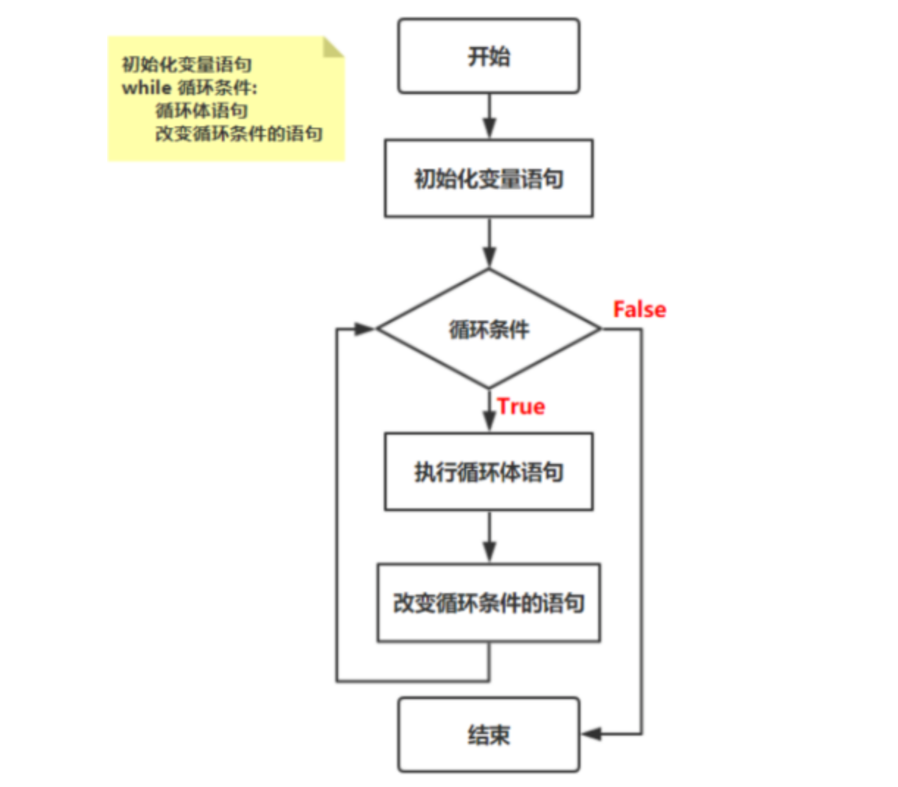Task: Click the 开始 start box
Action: pyautogui.click(x=489, y=57)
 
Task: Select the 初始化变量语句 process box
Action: pyautogui.click(x=489, y=178)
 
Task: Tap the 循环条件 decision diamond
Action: pyautogui.click(x=489, y=329)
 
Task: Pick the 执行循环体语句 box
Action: pyautogui.click(x=489, y=472)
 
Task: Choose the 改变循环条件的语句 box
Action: pyautogui.click(x=489, y=603)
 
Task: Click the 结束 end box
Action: pyautogui.click(x=489, y=734)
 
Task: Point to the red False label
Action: pyautogui.click(x=639, y=310)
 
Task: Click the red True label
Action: pyautogui.click(x=521, y=407)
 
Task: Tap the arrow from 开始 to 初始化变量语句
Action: pyautogui.click(x=489, y=117)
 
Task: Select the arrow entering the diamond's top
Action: pyautogui.click(x=489, y=244)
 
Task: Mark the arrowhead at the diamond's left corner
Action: pyautogui.click(x=365, y=329)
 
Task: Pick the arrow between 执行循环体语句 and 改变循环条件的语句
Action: pyautogui.click(x=489, y=537)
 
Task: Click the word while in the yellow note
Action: pyautogui.click(x=146, y=88)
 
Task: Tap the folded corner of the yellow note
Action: pyautogui.click(x=334, y=47)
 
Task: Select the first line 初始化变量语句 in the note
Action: pyautogui.click(x=187, y=65)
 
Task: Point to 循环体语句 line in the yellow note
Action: pyautogui.click(x=201, y=111)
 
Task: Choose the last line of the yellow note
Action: pyautogui.click(x=239, y=134)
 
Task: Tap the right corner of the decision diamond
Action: pyautogui.click(x=600, y=329)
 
